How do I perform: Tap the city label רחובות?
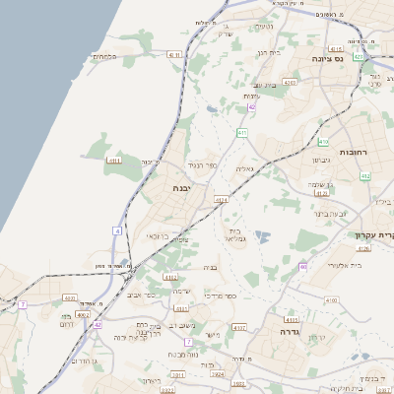[352, 153]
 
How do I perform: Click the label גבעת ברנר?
[331, 213]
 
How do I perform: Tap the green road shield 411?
[240, 132]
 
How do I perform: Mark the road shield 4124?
[222, 202]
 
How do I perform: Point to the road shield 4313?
[290, 320]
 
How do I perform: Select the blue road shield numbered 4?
[117, 230]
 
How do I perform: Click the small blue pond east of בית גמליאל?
[262, 236]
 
